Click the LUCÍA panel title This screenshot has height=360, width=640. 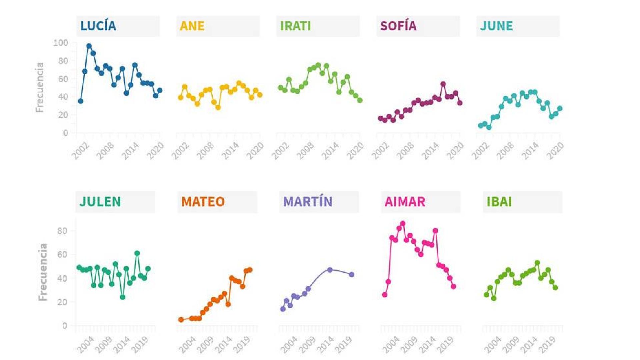coord(98,26)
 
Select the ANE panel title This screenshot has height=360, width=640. coord(192,26)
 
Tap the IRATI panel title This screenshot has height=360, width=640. coord(295,26)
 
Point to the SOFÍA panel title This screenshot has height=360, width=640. coord(398,26)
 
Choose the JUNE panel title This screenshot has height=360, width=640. coord(496,26)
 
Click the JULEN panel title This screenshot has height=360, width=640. coord(100,202)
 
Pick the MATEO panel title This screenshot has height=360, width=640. coord(203,202)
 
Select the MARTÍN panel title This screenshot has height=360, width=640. coord(307,202)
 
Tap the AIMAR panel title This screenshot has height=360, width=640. coord(405,202)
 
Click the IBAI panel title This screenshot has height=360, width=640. coord(499,202)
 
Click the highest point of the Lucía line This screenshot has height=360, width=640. coord(89,46)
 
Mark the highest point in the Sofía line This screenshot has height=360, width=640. coord(443,84)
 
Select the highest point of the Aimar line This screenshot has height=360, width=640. coord(403,224)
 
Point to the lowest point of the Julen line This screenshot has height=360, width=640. coord(123,297)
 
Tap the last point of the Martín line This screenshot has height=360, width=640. coord(352,275)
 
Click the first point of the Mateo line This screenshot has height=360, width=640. coord(181,320)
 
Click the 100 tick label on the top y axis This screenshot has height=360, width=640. coord(61,43)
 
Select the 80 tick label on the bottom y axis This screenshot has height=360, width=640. coord(62,231)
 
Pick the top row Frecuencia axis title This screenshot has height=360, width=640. coord(40,87)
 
